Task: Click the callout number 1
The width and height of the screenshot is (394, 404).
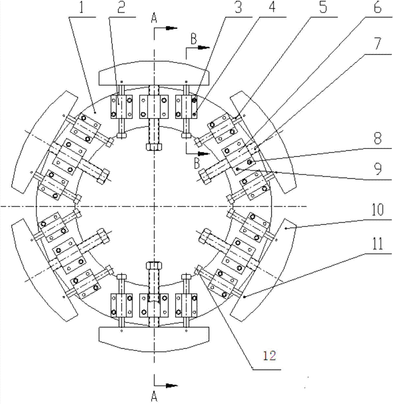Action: (x=83, y=8)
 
